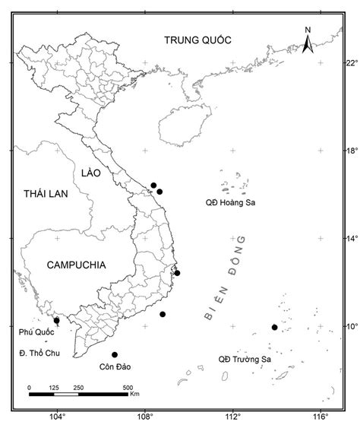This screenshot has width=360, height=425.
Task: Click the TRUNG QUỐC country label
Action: (197, 40)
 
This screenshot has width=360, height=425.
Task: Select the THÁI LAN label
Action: (45, 195)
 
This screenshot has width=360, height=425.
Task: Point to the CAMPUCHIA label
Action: (76, 265)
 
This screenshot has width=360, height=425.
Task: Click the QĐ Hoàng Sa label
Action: (234, 203)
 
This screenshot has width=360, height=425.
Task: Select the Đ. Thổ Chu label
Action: (37, 354)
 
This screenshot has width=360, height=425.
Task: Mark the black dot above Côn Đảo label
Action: (115, 354)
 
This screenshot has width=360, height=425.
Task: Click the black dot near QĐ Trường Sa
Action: (274, 327)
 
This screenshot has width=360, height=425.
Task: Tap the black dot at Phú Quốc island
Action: (57, 320)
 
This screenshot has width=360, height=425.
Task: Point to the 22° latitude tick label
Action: (347, 62)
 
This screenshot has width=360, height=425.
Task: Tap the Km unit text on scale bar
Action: (134, 395)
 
